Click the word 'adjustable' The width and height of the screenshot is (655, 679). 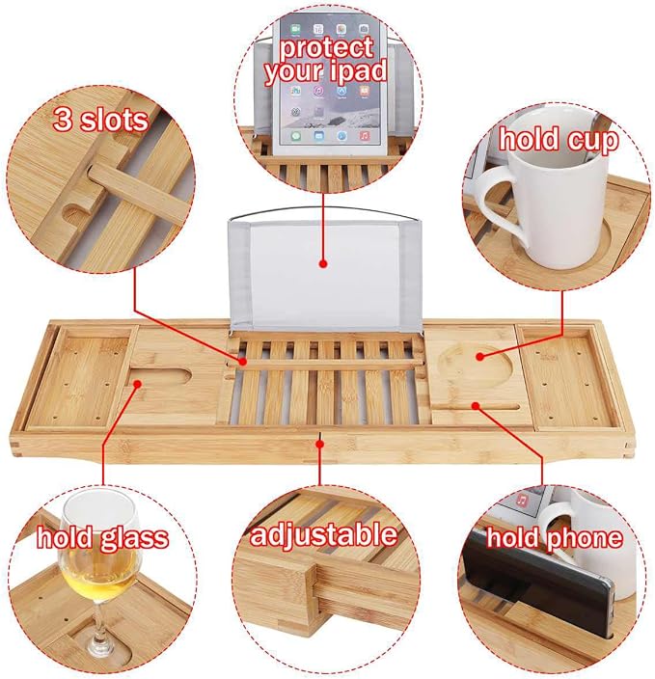323,534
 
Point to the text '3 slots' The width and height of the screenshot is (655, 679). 100,119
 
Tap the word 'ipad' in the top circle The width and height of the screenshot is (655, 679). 356,70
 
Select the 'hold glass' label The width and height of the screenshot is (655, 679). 102,537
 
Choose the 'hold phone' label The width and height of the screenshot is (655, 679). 555,537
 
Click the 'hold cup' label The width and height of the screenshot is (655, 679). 559,140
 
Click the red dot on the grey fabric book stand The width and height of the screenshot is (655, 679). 323,263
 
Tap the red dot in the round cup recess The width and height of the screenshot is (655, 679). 479,357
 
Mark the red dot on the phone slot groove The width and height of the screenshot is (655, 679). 476,406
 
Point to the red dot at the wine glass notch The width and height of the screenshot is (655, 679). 137,384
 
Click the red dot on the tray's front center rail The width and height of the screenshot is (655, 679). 320,444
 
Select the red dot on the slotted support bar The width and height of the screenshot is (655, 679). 242,361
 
